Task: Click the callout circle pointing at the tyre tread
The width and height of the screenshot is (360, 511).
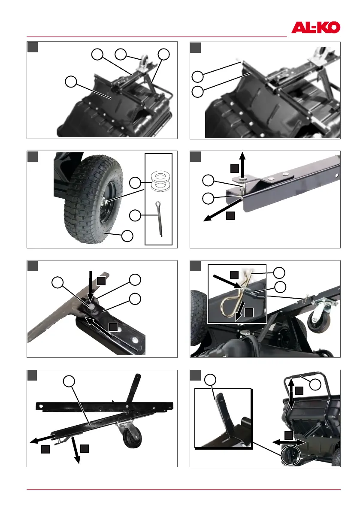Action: (x=127, y=236)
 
